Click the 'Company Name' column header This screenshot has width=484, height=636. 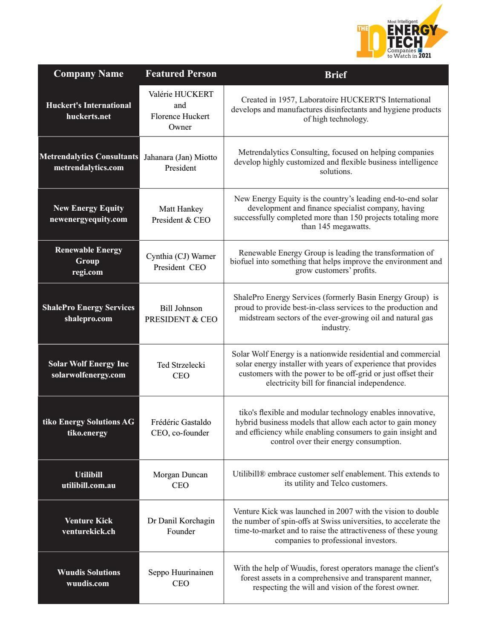tap(89, 74)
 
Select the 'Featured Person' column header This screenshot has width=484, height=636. tap(181, 74)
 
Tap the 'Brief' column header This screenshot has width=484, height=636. tap(336, 75)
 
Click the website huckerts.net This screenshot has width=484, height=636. tap(89, 116)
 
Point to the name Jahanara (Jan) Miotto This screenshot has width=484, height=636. tap(181, 157)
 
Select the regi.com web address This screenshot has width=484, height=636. tap(88, 272)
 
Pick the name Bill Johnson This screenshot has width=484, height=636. tap(181, 308)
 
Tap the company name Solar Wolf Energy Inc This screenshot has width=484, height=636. tap(89, 364)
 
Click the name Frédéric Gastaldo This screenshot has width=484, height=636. tap(181, 422)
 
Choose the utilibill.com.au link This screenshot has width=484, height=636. tap(89, 485)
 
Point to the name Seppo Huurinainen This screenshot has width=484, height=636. tap(181, 572)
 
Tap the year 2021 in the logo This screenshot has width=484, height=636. tap(425, 55)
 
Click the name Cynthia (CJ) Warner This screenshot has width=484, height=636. tap(181, 256)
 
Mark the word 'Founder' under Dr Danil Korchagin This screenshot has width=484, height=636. tap(181, 531)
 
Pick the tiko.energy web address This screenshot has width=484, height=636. tap(87, 433)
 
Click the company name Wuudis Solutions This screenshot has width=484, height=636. tap(89, 572)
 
